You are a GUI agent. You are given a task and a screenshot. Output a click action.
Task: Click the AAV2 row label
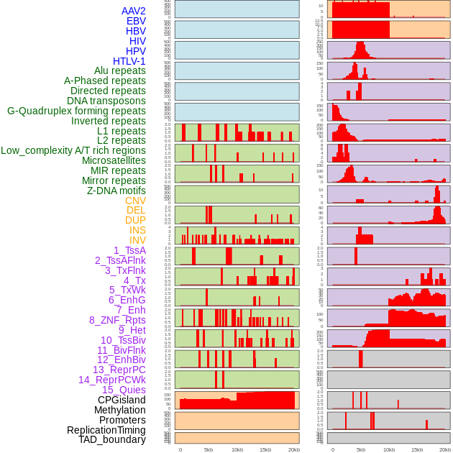[134, 11]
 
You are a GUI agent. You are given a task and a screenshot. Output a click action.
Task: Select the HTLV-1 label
[129, 61]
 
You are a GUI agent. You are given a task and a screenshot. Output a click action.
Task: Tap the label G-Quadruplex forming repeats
[76, 111]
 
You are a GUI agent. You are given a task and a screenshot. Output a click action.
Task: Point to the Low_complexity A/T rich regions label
[73, 150]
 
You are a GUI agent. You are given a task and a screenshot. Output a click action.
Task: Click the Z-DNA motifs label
[116, 191]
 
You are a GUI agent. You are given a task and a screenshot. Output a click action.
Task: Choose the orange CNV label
[135, 201]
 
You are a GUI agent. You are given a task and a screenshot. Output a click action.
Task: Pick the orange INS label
[137, 230]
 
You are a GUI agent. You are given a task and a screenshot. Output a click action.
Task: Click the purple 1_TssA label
[129, 250]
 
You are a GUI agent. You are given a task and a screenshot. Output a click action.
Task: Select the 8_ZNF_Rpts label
[117, 320]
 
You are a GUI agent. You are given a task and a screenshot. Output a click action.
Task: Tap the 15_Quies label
[124, 390]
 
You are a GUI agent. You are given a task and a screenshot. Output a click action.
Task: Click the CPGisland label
[122, 400]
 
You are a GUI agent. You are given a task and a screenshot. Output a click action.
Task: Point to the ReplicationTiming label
[106, 430]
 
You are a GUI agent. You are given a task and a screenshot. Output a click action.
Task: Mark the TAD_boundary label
[112, 439]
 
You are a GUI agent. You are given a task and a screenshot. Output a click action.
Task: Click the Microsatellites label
[114, 160]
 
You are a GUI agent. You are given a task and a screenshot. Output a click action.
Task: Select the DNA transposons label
[106, 101]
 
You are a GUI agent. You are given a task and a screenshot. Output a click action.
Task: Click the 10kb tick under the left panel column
[237, 449]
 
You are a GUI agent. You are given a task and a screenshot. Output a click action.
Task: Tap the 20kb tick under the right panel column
[445, 449]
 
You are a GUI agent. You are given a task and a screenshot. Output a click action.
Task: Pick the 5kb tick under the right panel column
[361, 449]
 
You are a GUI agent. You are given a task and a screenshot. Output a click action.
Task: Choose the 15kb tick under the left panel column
[265, 449]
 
